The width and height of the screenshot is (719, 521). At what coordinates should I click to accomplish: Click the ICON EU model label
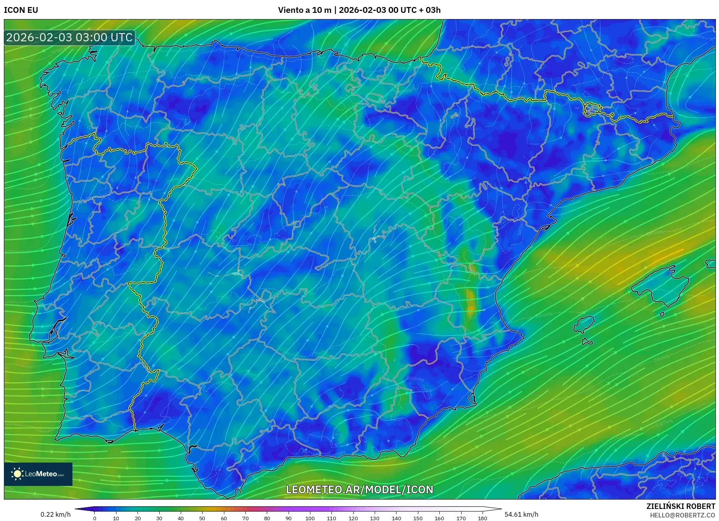[21, 10]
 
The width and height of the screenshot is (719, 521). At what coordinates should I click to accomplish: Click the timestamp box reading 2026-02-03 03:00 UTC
[69, 37]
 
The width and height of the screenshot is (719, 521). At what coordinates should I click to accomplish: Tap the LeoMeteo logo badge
[38, 474]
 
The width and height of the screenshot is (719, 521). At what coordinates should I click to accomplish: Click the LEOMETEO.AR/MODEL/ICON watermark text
[359, 489]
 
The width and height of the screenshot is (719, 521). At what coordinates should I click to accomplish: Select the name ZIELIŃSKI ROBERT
[680, 506]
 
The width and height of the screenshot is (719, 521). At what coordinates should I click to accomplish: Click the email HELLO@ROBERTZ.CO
[682, 515]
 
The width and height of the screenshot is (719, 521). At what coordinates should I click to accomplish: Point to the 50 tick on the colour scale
[202, 518]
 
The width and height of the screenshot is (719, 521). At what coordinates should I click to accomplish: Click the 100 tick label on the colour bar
[310, 518]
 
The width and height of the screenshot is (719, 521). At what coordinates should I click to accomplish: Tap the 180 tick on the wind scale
[482, 518]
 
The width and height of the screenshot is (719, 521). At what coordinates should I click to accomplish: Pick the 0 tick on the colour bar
[94, 518]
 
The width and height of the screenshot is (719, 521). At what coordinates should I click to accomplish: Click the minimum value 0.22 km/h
[56, 514]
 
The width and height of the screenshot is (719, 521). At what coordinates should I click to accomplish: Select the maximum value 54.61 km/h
[521, 514]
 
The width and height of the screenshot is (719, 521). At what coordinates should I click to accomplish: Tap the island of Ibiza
[584, 325]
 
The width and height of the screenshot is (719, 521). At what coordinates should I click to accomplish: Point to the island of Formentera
[587, 342]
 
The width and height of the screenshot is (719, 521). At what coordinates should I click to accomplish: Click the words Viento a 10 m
[304, 10]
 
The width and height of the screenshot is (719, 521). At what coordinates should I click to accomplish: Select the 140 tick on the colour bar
[396, 518]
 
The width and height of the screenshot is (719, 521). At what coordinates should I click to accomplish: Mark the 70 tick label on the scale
[245, 518]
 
